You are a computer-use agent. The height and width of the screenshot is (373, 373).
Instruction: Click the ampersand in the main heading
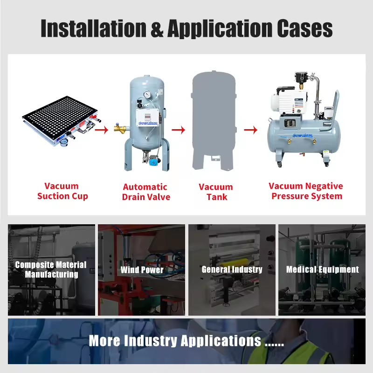pos(157,28)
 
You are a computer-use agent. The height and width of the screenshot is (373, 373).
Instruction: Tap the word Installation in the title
pos(94,28)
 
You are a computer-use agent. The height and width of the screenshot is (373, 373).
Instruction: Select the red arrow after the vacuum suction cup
pos(102,130)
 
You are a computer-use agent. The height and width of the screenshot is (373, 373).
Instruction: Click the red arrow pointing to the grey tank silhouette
pos(179,130)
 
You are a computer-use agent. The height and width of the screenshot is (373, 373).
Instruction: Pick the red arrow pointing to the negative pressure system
pos(251,130)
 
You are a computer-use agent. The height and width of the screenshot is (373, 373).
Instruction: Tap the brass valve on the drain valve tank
pos(120,129)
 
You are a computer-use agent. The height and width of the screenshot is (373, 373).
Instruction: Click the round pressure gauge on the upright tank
pos(147,95)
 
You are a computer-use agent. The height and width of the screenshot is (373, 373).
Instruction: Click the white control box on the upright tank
pos(147,117)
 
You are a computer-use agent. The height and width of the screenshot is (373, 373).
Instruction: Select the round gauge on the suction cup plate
pos(64,142)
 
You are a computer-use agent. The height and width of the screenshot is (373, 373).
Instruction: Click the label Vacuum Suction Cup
pos(62,191)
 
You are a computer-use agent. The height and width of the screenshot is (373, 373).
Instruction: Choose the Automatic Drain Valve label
pos(146,192)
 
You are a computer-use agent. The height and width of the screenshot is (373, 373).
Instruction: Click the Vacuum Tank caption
pos(216,192)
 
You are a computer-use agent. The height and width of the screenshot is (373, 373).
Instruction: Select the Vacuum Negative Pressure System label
pos(306,191)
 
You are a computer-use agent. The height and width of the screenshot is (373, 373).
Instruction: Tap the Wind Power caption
pos(142,270)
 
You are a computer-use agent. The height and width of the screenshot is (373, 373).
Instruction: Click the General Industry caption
pos(232,269)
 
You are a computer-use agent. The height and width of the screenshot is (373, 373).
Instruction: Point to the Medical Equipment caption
pos(322,269)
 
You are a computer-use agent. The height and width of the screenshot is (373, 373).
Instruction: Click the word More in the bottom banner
pos(104,340)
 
